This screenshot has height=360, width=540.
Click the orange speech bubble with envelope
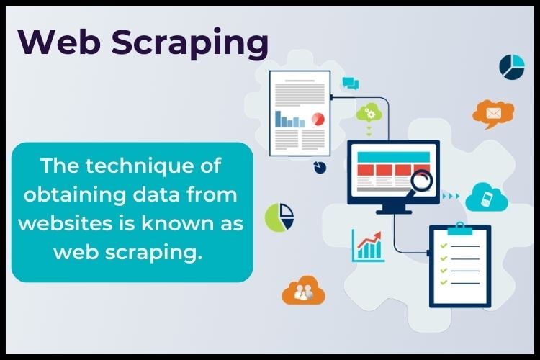tap(493, 113)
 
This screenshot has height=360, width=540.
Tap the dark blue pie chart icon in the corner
tap(512, 66)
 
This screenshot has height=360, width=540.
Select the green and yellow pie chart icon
tap(279, 217)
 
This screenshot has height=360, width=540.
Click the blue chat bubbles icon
tap(351, 83)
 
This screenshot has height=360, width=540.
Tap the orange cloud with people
tap(303, 290)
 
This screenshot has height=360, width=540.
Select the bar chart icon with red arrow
tap(367, 245)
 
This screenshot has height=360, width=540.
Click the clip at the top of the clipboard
tap(459, 228)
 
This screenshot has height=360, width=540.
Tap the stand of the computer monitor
tap(393, 208)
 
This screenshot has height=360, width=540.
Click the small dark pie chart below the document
tap(320, 167)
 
